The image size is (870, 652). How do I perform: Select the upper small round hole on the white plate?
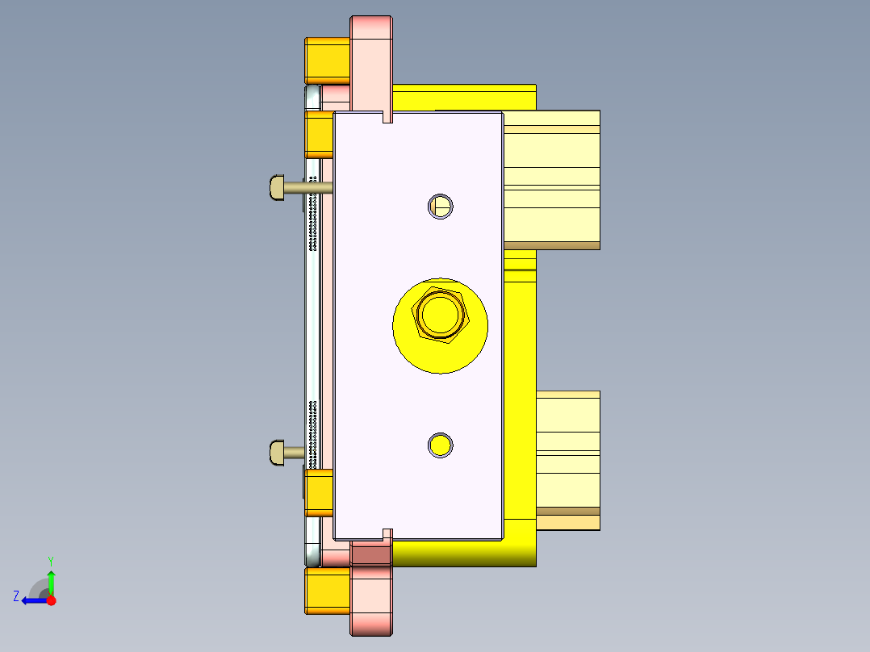440,207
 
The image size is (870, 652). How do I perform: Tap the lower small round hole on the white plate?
440,445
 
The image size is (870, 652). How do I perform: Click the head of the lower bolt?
275,452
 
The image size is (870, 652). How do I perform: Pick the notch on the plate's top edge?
387,118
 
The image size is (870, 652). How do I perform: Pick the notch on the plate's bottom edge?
387,533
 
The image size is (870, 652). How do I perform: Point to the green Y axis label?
50,560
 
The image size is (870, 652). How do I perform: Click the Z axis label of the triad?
16,596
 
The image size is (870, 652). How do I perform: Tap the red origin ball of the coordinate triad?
51,600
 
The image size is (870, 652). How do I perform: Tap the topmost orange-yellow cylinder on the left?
327,59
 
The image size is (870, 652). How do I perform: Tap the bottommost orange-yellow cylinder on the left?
327,590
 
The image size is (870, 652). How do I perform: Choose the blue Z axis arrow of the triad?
34,600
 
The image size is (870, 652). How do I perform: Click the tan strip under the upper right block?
552,245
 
